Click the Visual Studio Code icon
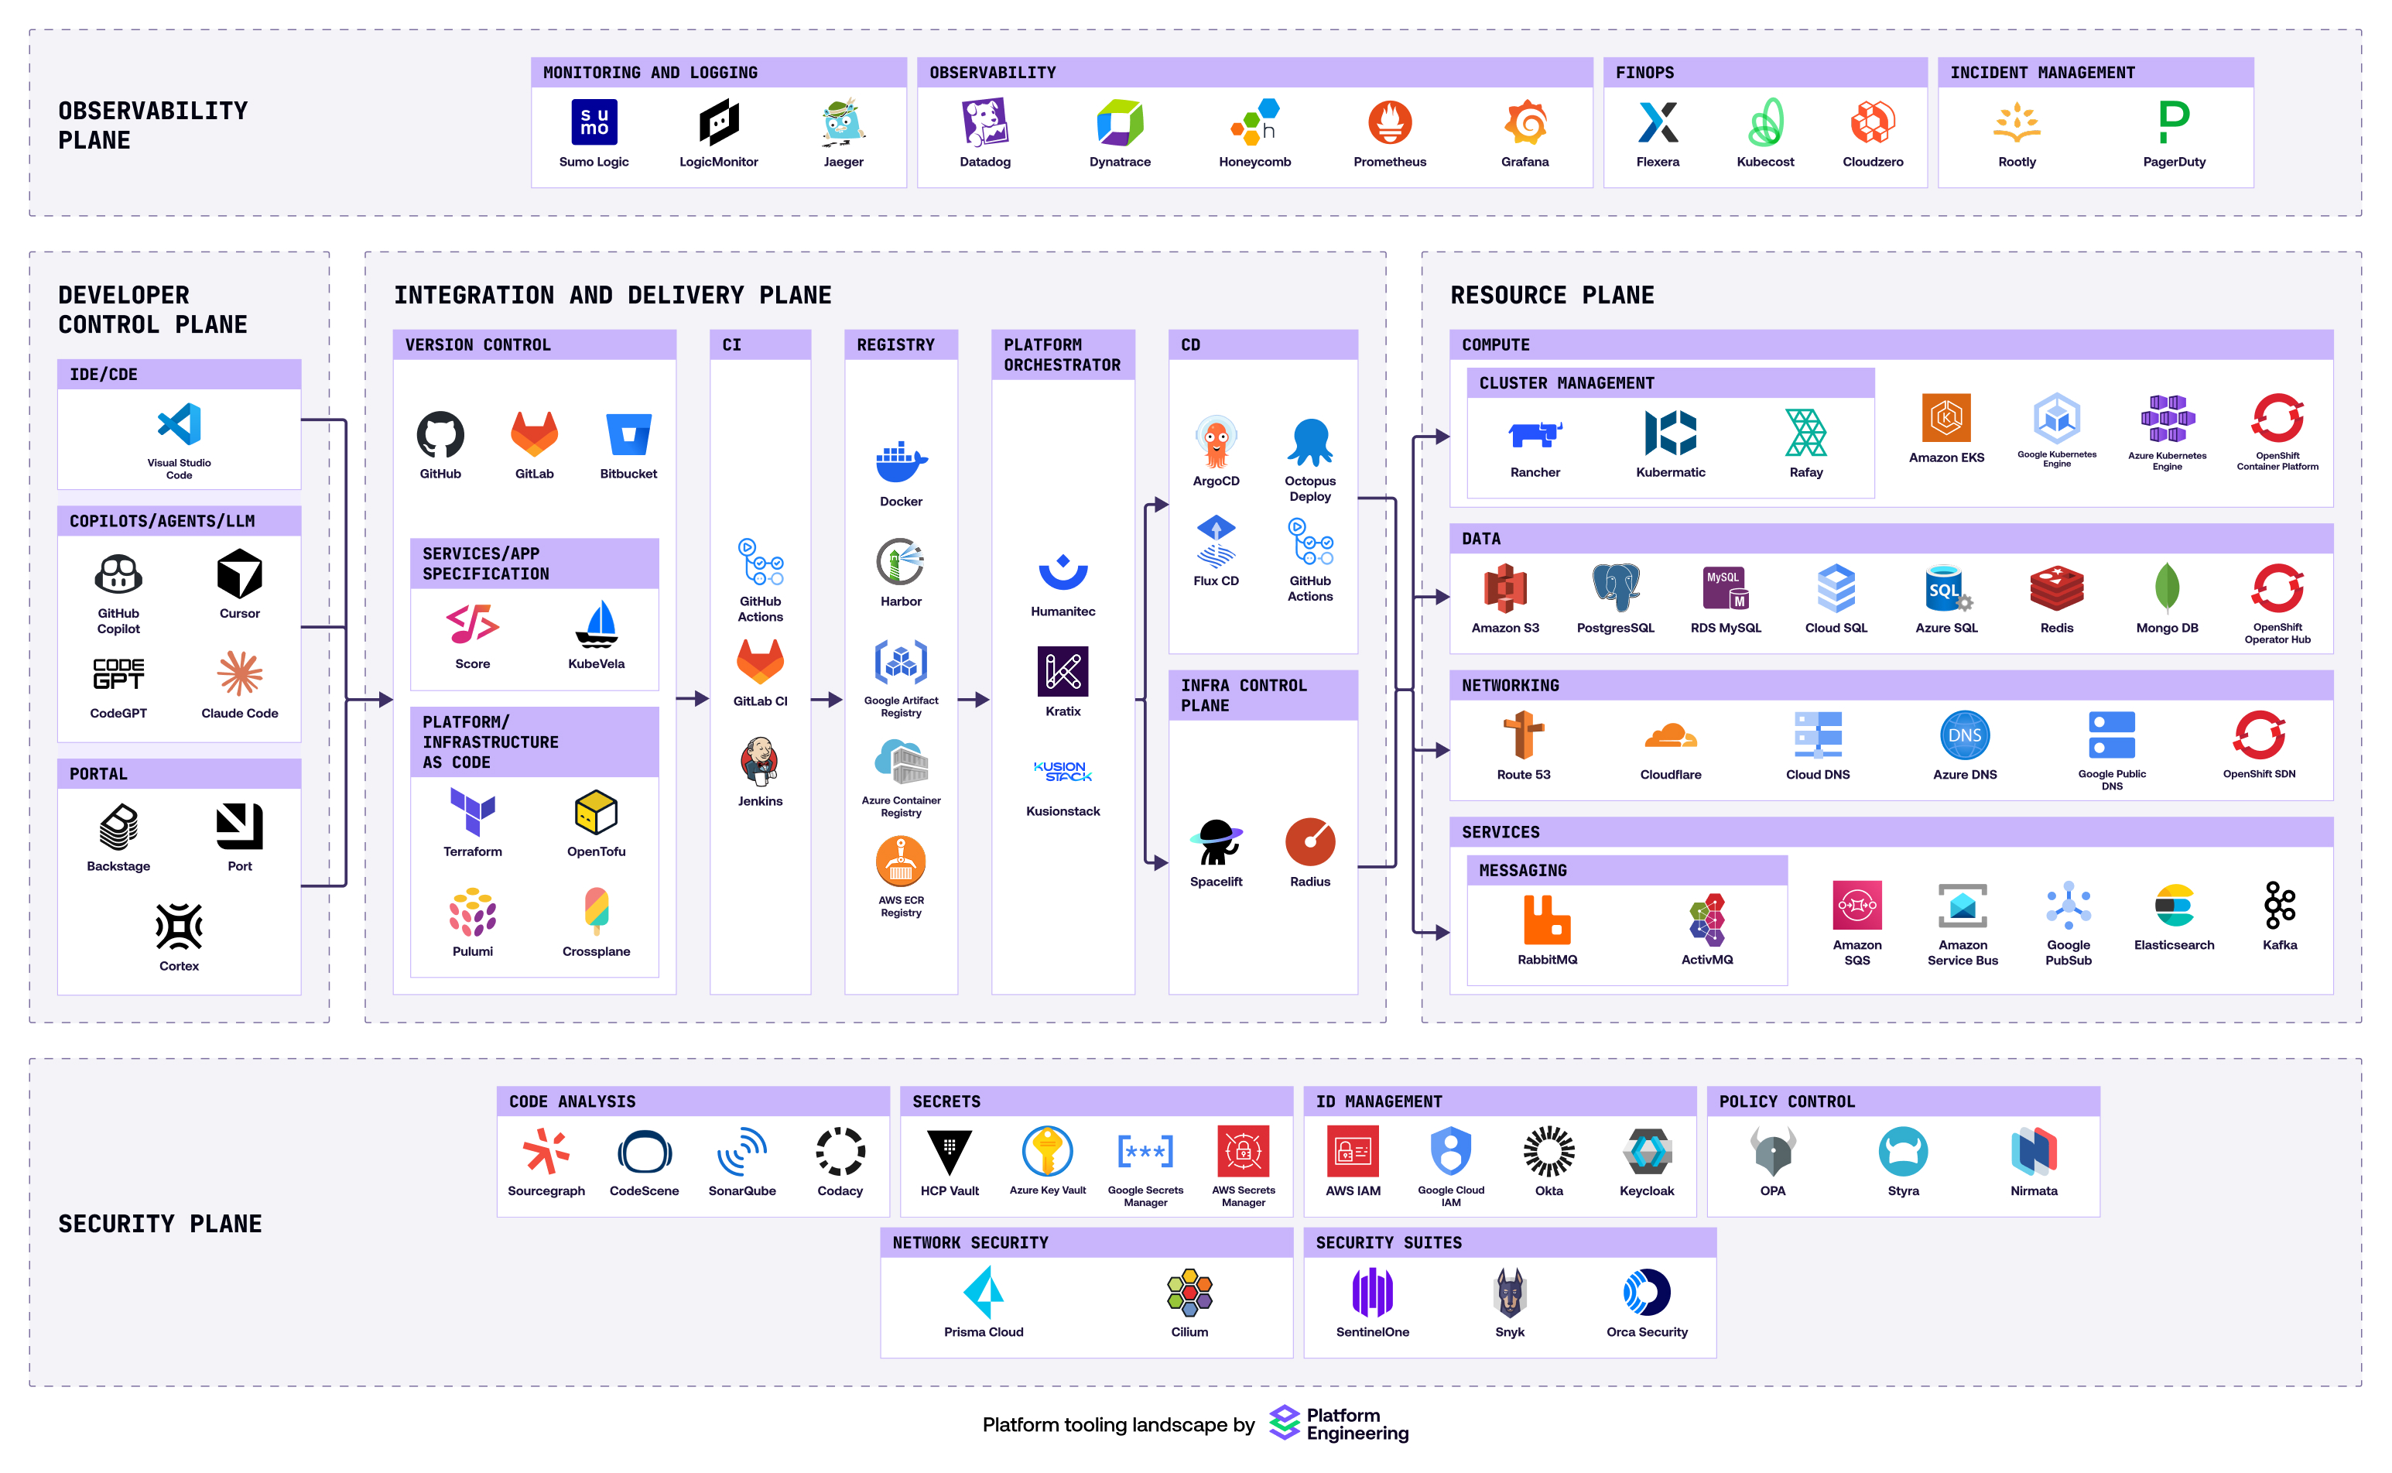180,425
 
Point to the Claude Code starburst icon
240,673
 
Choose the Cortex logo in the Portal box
180,926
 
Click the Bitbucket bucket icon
628,434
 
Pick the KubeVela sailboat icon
596,625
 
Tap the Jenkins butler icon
760,762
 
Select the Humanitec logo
1063,572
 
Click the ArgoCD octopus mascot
1216,441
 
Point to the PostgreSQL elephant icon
1615,587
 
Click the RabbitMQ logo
1547,920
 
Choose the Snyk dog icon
1510,1293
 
